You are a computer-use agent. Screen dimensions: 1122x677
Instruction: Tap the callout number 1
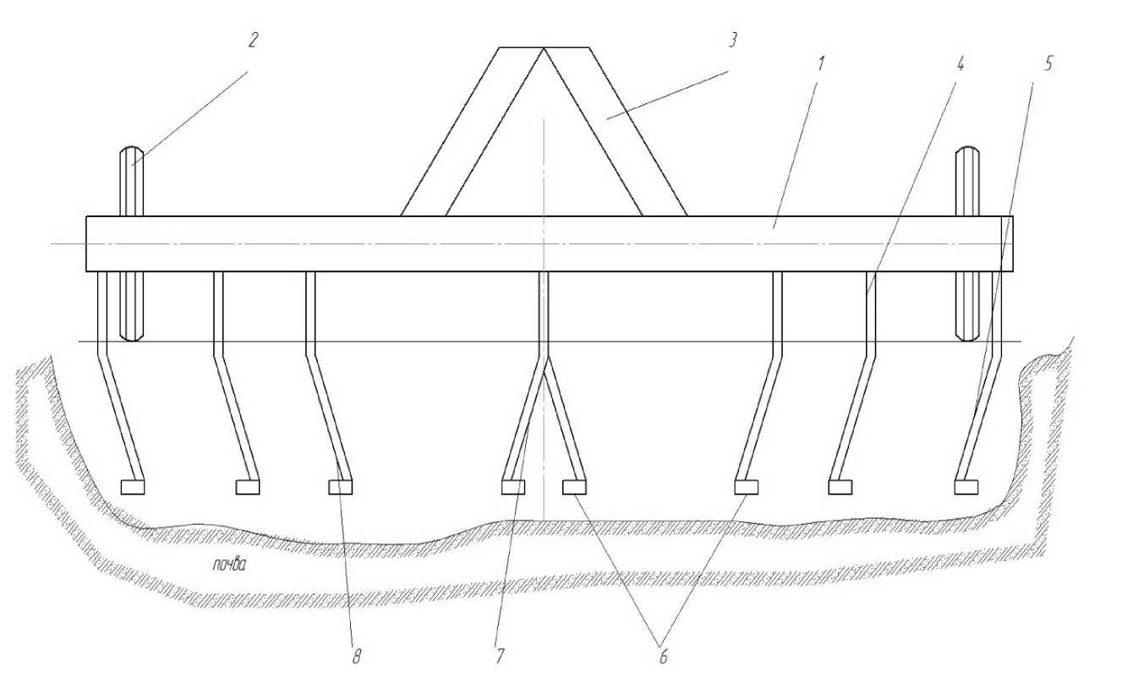821,63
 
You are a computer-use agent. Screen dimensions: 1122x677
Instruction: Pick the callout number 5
1048,64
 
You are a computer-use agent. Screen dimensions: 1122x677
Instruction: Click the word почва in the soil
229,566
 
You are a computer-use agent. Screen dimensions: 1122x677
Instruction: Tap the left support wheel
132,244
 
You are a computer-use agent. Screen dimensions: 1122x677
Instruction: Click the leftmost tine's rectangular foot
134,487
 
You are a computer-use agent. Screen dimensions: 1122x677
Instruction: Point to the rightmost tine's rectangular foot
966,487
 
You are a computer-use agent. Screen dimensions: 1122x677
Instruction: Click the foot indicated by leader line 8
340,487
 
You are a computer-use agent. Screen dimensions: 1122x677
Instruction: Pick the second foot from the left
248,487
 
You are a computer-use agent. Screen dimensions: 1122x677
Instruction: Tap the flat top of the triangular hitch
544,48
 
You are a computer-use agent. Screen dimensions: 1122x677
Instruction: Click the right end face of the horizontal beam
1011,244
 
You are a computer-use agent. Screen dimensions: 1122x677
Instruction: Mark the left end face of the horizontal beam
87,244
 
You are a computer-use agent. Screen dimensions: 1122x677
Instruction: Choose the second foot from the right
840,487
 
